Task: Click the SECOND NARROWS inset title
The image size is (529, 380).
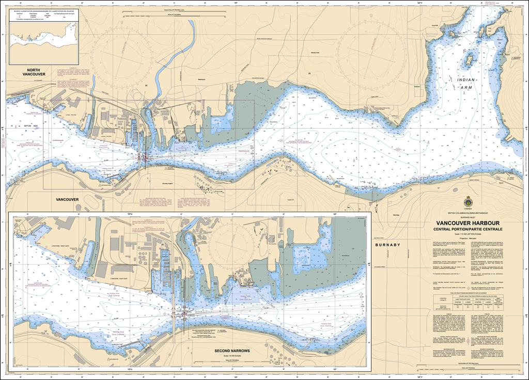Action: pyautogui.click(x=232, y=351)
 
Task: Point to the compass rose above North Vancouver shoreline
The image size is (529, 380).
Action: pyautogui.click(x=124, y=54)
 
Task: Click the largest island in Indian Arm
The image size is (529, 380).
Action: pyautogui.click(x=469, y=60)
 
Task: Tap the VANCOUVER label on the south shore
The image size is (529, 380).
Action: pyautogui.click(x=67, y=199)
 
